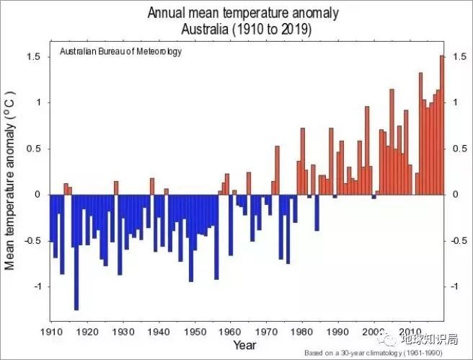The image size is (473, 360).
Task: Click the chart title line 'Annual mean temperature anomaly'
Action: coord(243,14)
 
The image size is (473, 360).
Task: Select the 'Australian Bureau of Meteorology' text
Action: coord(120,52)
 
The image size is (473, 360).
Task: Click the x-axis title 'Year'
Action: coord(244,346)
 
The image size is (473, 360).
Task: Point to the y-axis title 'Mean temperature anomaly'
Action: coord(11,180)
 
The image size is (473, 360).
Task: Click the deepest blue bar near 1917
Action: coord(76,252)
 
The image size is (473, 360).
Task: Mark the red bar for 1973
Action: coord(278,170)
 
